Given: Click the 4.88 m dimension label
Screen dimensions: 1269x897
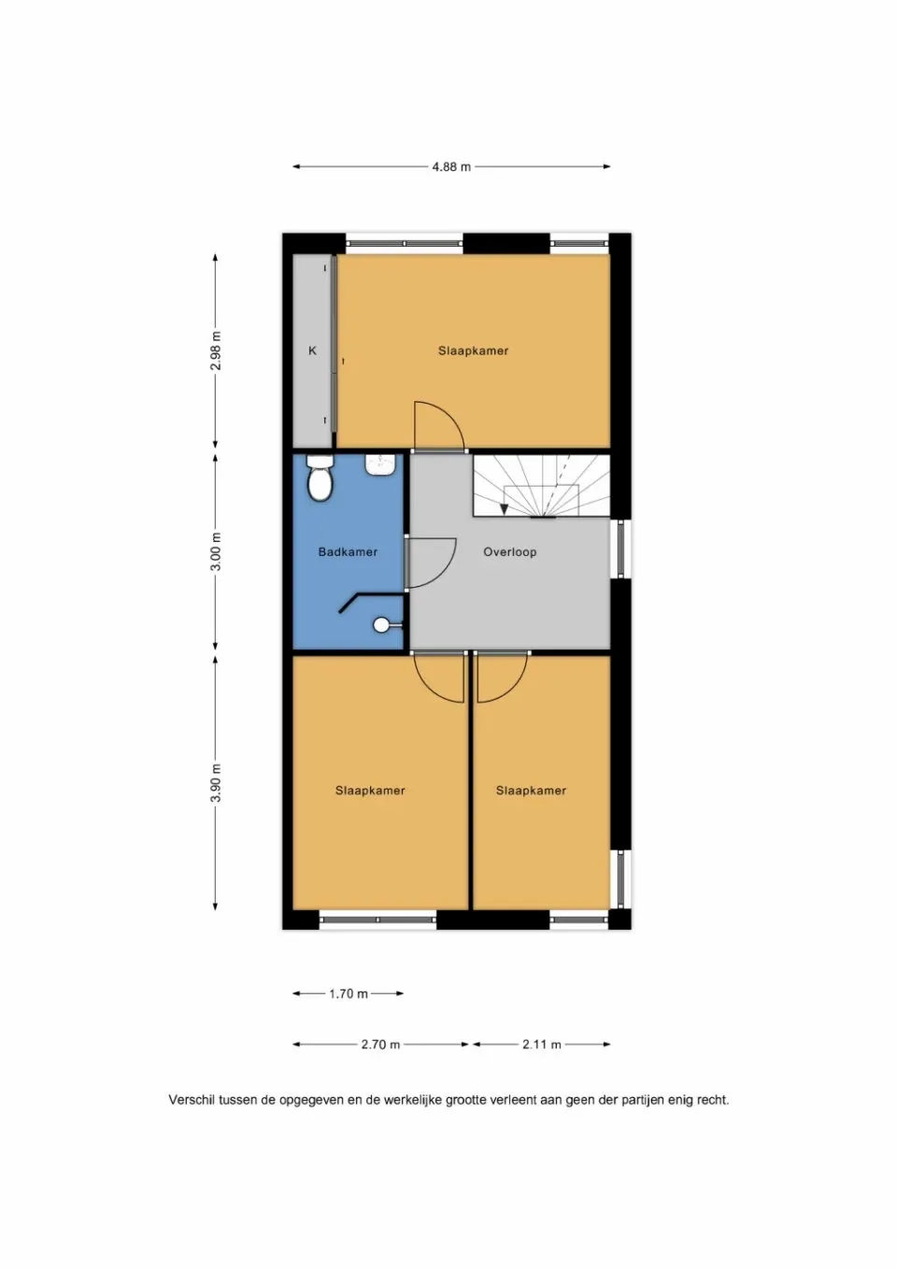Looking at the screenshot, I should [451, 167].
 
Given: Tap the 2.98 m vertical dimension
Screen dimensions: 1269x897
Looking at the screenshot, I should [216, 350].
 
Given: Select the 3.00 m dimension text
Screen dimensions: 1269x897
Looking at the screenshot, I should [216, 551].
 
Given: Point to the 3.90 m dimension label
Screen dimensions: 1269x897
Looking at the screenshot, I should [216, 783].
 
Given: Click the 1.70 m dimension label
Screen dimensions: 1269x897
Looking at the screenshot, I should [349, 994].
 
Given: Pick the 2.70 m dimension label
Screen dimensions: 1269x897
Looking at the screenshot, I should [380, 1045].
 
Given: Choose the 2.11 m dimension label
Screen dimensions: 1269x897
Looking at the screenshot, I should [542, 1045].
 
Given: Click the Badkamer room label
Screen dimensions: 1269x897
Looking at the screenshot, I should [348, 552].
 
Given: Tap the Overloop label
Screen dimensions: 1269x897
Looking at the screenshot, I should [509, 552].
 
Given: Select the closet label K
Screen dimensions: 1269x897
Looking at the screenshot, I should [312, 351].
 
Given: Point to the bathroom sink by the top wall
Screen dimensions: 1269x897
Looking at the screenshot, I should [380, 464].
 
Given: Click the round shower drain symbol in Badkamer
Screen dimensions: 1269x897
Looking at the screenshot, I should [381, 624].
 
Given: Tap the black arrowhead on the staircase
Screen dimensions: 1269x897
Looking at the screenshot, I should [505, 509].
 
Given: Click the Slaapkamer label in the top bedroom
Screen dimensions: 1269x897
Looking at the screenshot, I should [473, 351].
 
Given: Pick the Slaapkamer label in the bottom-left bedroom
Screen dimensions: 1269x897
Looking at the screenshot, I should [370, 791].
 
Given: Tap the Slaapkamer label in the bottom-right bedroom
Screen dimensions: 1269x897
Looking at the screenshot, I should [531, 791].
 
